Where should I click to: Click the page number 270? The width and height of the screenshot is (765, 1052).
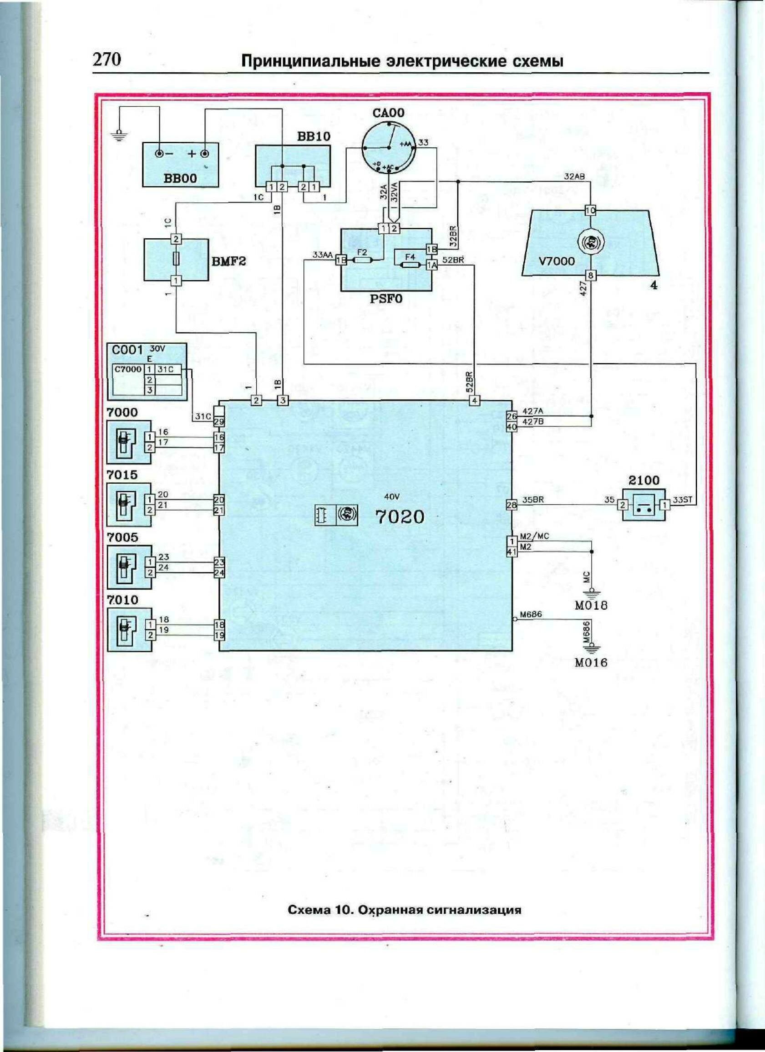tap(107, 60)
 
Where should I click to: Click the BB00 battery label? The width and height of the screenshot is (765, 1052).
tap(180, 178)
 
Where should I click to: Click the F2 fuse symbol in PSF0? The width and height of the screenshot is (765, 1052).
tap(362, 260)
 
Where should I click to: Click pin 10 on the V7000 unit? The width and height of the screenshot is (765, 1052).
tap(590, 210)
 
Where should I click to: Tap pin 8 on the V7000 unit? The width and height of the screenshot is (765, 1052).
tap(590, 276)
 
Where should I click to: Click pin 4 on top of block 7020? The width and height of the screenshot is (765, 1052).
tap(474, 401)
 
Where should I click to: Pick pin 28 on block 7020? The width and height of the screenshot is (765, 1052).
tap(511, 505)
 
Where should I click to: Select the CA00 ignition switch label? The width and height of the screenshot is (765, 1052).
tap(389, 113)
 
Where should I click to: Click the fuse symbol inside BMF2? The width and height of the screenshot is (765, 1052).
tap(176, 260)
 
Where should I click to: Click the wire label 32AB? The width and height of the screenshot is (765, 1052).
tap(574, 176)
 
